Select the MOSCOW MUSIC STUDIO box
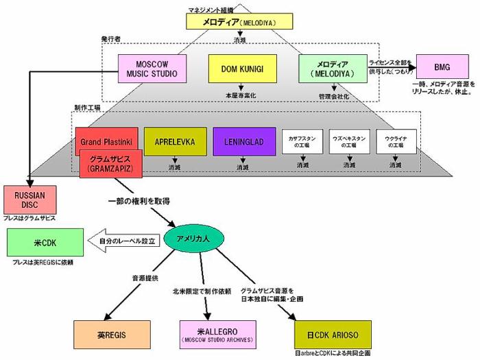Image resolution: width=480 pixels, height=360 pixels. [x=147, y=69]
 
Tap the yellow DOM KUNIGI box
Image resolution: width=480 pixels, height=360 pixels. [x=237, y=69]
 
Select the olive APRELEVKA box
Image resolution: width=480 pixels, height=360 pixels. [x=175, y=143]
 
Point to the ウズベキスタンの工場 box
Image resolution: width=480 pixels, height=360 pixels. [x=350, y=143]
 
